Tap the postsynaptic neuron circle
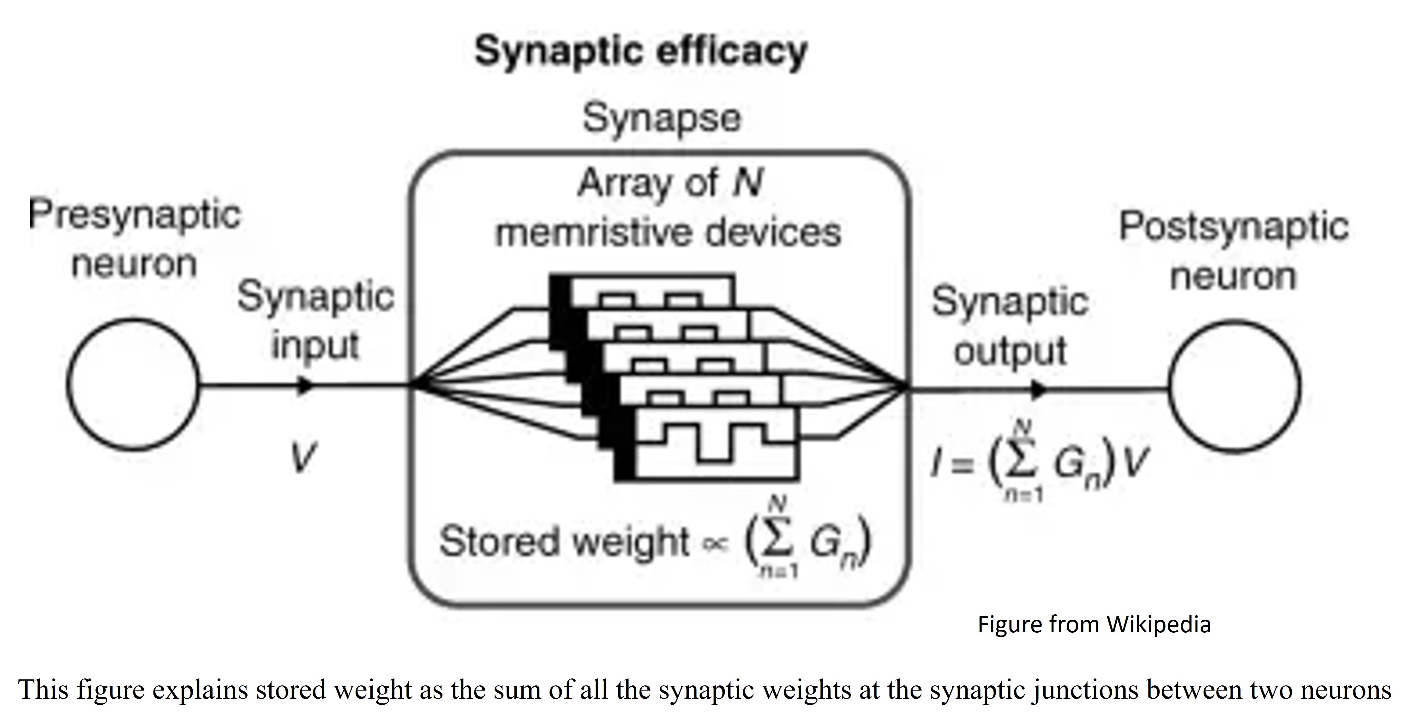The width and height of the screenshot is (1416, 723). click(x=1234, y=387)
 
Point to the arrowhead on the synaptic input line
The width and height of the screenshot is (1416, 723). click(x=305, y=385)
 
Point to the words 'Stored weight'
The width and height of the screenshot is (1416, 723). click(x=563, y=542)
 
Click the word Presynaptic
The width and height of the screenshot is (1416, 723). click(x=135, y=214)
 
